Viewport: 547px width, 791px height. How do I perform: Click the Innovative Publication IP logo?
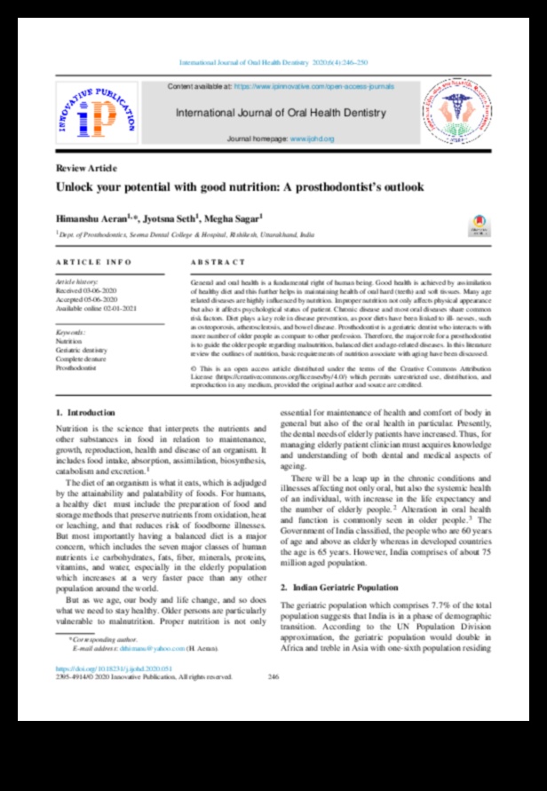click(97, 114)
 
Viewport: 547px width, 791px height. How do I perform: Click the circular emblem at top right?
click(455, 112)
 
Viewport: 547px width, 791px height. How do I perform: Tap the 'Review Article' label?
click(85, 168)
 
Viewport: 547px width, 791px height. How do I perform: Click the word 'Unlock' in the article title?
click(77, 186)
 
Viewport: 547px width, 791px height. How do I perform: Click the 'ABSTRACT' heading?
click(218, 263)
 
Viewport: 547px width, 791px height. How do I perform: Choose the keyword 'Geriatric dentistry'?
click(81, 352)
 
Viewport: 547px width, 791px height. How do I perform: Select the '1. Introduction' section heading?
click(85, 413)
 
